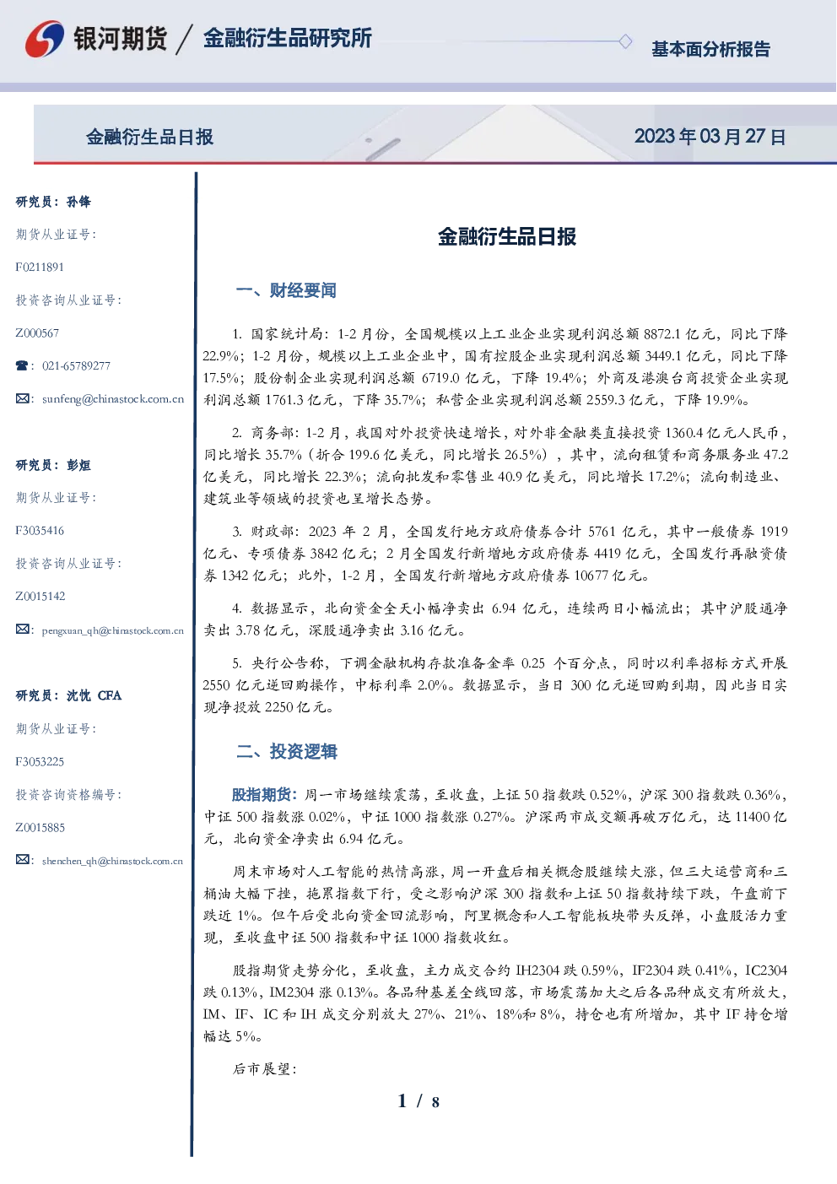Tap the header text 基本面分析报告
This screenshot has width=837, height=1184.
pyautogui.click(x=710, y=49)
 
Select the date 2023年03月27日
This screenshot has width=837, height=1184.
pyautogui.click(x=710, y=137)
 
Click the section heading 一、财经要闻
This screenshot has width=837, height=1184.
pyautogui.click(x=286, y=290)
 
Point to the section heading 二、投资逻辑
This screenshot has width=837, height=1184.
pyautogui.click(x=286, y=751)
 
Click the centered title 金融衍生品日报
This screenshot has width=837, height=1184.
pyautogui.click(x=507, y=236)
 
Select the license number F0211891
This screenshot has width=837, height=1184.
pyautogui.click(x=40, y=267)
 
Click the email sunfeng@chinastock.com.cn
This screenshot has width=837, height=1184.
pyautogui.click(x=113, y=399)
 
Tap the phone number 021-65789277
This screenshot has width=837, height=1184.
pyautogui.click(x=76, y=365)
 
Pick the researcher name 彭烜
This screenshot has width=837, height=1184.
pyautogui.click(x=78, y=465)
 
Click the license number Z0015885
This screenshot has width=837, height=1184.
pyautogui.click(x=40, y=827)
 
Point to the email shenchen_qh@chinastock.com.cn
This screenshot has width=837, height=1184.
pyautogui.click(x=112, y=861)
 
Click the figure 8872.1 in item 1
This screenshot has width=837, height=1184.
pyautogui.click(x=662, y=333)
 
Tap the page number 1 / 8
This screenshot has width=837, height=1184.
pyautogui.click(x=418, y=1101)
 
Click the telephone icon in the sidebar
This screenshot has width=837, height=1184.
pyautogui.click(x=22, y=365)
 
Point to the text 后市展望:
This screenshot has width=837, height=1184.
pyautogui.click(x=265, y=1068)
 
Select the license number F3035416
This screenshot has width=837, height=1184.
pyautogui.click(x=40, y=530)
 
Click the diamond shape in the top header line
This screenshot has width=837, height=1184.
pyautogui.click(x=625, y=41)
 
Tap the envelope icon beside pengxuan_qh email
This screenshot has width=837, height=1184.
pyautogui.click(x=22, y=629)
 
